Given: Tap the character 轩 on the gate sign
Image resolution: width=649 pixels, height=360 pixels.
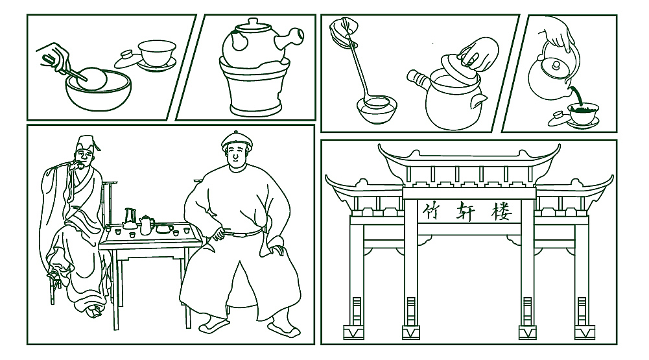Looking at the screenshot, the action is click(466, 211).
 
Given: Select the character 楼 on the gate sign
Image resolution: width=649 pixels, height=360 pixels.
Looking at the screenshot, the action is click(501, 211).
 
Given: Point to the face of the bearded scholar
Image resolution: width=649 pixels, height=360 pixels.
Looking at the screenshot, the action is click(85, 157).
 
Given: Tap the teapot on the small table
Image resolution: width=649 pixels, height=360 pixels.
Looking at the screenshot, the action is click(146, 224).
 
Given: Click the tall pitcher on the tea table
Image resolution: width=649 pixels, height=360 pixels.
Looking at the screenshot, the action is click(130, 219).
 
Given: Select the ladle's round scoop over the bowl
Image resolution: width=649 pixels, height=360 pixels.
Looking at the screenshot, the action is click(376, 101).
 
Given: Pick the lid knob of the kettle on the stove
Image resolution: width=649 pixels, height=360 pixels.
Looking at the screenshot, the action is click(252, 21).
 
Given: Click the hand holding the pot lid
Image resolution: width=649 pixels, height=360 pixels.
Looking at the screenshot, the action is click(480, 54).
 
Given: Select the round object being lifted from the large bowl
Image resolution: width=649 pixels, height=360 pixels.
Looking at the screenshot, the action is click(91, 78).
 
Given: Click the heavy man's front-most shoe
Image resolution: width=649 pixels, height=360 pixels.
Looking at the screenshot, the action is click(284, 328).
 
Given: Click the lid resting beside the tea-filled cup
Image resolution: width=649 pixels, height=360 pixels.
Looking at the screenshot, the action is click(558, 120).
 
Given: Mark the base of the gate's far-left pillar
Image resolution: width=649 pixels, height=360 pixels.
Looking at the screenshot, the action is click(353, 332).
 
